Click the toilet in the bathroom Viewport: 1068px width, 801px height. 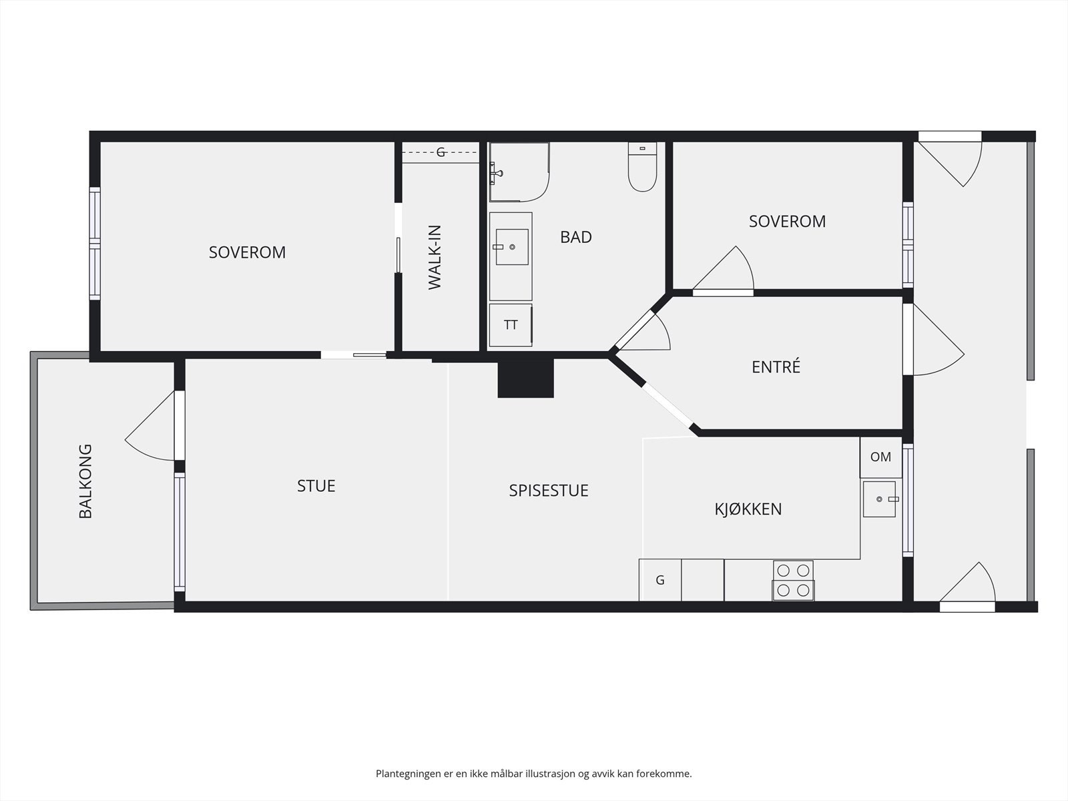coord(642,167)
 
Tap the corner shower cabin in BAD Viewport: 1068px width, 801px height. coord(519,172)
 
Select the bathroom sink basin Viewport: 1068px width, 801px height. coord(512,247)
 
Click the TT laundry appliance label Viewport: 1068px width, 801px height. coord(511,325)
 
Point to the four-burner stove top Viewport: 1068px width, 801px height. coord(793,581)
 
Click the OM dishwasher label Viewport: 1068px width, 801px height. coord(880,457)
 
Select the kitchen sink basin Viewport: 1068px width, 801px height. coord(879,499)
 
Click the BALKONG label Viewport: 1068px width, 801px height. coord(85,481)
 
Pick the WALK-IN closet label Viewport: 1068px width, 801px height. coord(435,257)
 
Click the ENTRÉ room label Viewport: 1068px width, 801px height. coord(776,366)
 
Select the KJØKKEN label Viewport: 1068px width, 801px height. coord(748,509)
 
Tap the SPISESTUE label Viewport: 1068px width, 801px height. coord(549,490)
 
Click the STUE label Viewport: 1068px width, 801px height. coord(316,486)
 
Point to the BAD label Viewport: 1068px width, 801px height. coord(576,237)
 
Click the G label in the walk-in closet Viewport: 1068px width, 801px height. coord(441,152)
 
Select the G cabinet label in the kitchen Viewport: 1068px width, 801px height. coord(660,579)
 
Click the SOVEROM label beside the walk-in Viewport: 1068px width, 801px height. coord(247,252)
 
